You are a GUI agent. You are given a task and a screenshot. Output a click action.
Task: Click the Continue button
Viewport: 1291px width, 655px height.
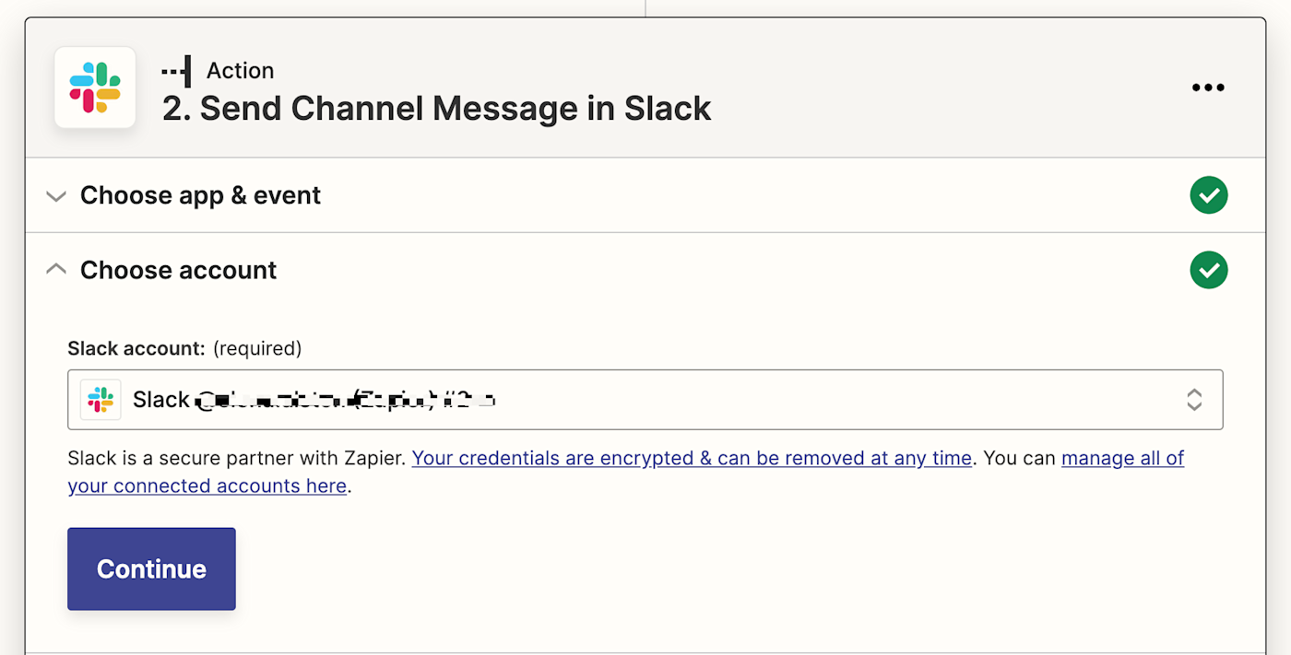(x=151, y=568)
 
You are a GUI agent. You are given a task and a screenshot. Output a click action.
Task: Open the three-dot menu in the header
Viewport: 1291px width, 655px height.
(x=1208, y=88)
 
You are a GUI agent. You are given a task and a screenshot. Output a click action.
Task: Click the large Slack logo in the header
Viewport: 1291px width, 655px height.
(x=95, y=88)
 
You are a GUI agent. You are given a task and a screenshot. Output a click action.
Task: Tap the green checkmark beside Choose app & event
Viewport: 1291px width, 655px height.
(x=1208, y=195)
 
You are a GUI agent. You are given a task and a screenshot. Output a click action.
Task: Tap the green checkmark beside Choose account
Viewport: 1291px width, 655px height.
(x=1208, y=270)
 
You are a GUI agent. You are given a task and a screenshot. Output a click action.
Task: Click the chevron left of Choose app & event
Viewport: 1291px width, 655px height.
(x=56, y=196)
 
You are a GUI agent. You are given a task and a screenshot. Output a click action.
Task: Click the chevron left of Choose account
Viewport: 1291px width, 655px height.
(x=56, y=269)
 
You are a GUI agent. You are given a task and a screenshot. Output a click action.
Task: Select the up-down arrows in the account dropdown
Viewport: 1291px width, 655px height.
(x=1194, y=399)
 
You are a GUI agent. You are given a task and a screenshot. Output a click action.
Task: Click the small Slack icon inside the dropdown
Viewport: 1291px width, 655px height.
(x=101, y=399)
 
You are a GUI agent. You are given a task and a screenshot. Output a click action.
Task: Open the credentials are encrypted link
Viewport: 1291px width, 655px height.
(x=692, y=458)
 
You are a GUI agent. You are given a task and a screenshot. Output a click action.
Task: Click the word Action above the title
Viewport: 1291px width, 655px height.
(x=240, y=71)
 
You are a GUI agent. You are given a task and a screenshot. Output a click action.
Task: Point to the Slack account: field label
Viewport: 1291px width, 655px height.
(x=136, y=348)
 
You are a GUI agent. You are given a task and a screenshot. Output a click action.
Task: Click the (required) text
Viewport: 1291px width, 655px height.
(x=257, y=348)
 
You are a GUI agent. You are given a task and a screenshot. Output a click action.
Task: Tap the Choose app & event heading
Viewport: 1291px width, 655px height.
(x=200, y=195)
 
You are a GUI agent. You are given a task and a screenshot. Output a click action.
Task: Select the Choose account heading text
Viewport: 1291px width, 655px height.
(x=178, y=270)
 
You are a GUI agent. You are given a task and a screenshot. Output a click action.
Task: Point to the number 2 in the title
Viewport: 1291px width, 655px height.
(x=172, y=109)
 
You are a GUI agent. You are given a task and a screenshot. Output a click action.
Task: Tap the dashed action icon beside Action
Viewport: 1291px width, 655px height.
(x=176, y=71)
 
